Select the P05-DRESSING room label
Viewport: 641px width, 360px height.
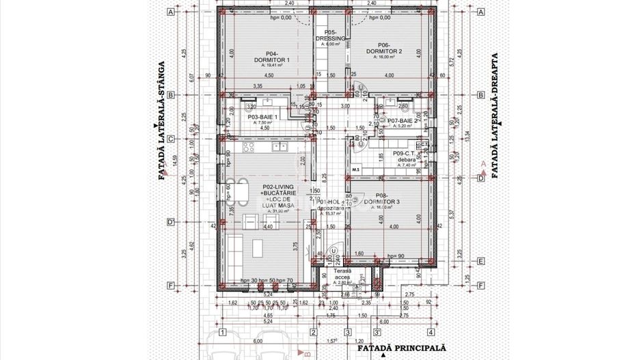click(x=333, y=36)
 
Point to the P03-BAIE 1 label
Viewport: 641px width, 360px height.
click(x=262, y=117)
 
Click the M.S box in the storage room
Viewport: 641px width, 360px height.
click(x=355, y=169)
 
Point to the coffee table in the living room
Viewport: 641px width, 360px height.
click(x=260, y=245)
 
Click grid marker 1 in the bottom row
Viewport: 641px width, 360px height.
click(x=222, y=333)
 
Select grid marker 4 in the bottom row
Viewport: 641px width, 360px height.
click(x=431, y=333)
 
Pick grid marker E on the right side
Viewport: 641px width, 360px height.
click(x=480, y=261)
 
